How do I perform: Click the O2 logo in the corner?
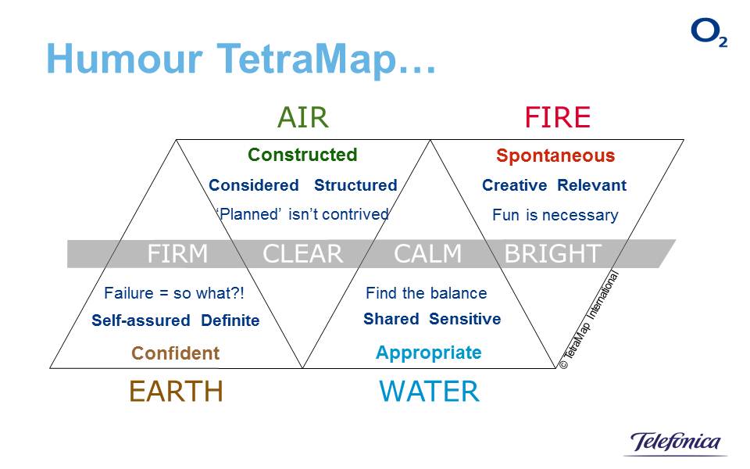[x=708, y=33]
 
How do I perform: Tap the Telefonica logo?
[x=676, y=442]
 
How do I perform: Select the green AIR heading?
[x=302, y=117]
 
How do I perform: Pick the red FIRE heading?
[x=557, y=117]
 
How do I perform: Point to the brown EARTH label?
[x=176, y=391]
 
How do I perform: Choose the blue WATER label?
[x=429, y=391]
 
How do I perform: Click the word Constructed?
[x=302, y=155]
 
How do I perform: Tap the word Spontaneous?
[x=555, y=156]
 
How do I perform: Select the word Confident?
[x=176, y=353]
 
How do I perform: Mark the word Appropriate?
[x=429, y=353]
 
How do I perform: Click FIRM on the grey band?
[x=178, y=254]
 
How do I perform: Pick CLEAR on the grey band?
[x=303, y=254]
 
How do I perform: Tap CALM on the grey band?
[x=428, y=254]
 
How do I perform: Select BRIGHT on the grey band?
[x=552, y=254]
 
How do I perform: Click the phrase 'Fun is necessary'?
[x=555, y=215]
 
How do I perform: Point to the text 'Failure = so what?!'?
[x=174, y=294]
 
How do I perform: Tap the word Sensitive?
[x=465, y=319]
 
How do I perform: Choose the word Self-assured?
[x=141, y=320]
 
